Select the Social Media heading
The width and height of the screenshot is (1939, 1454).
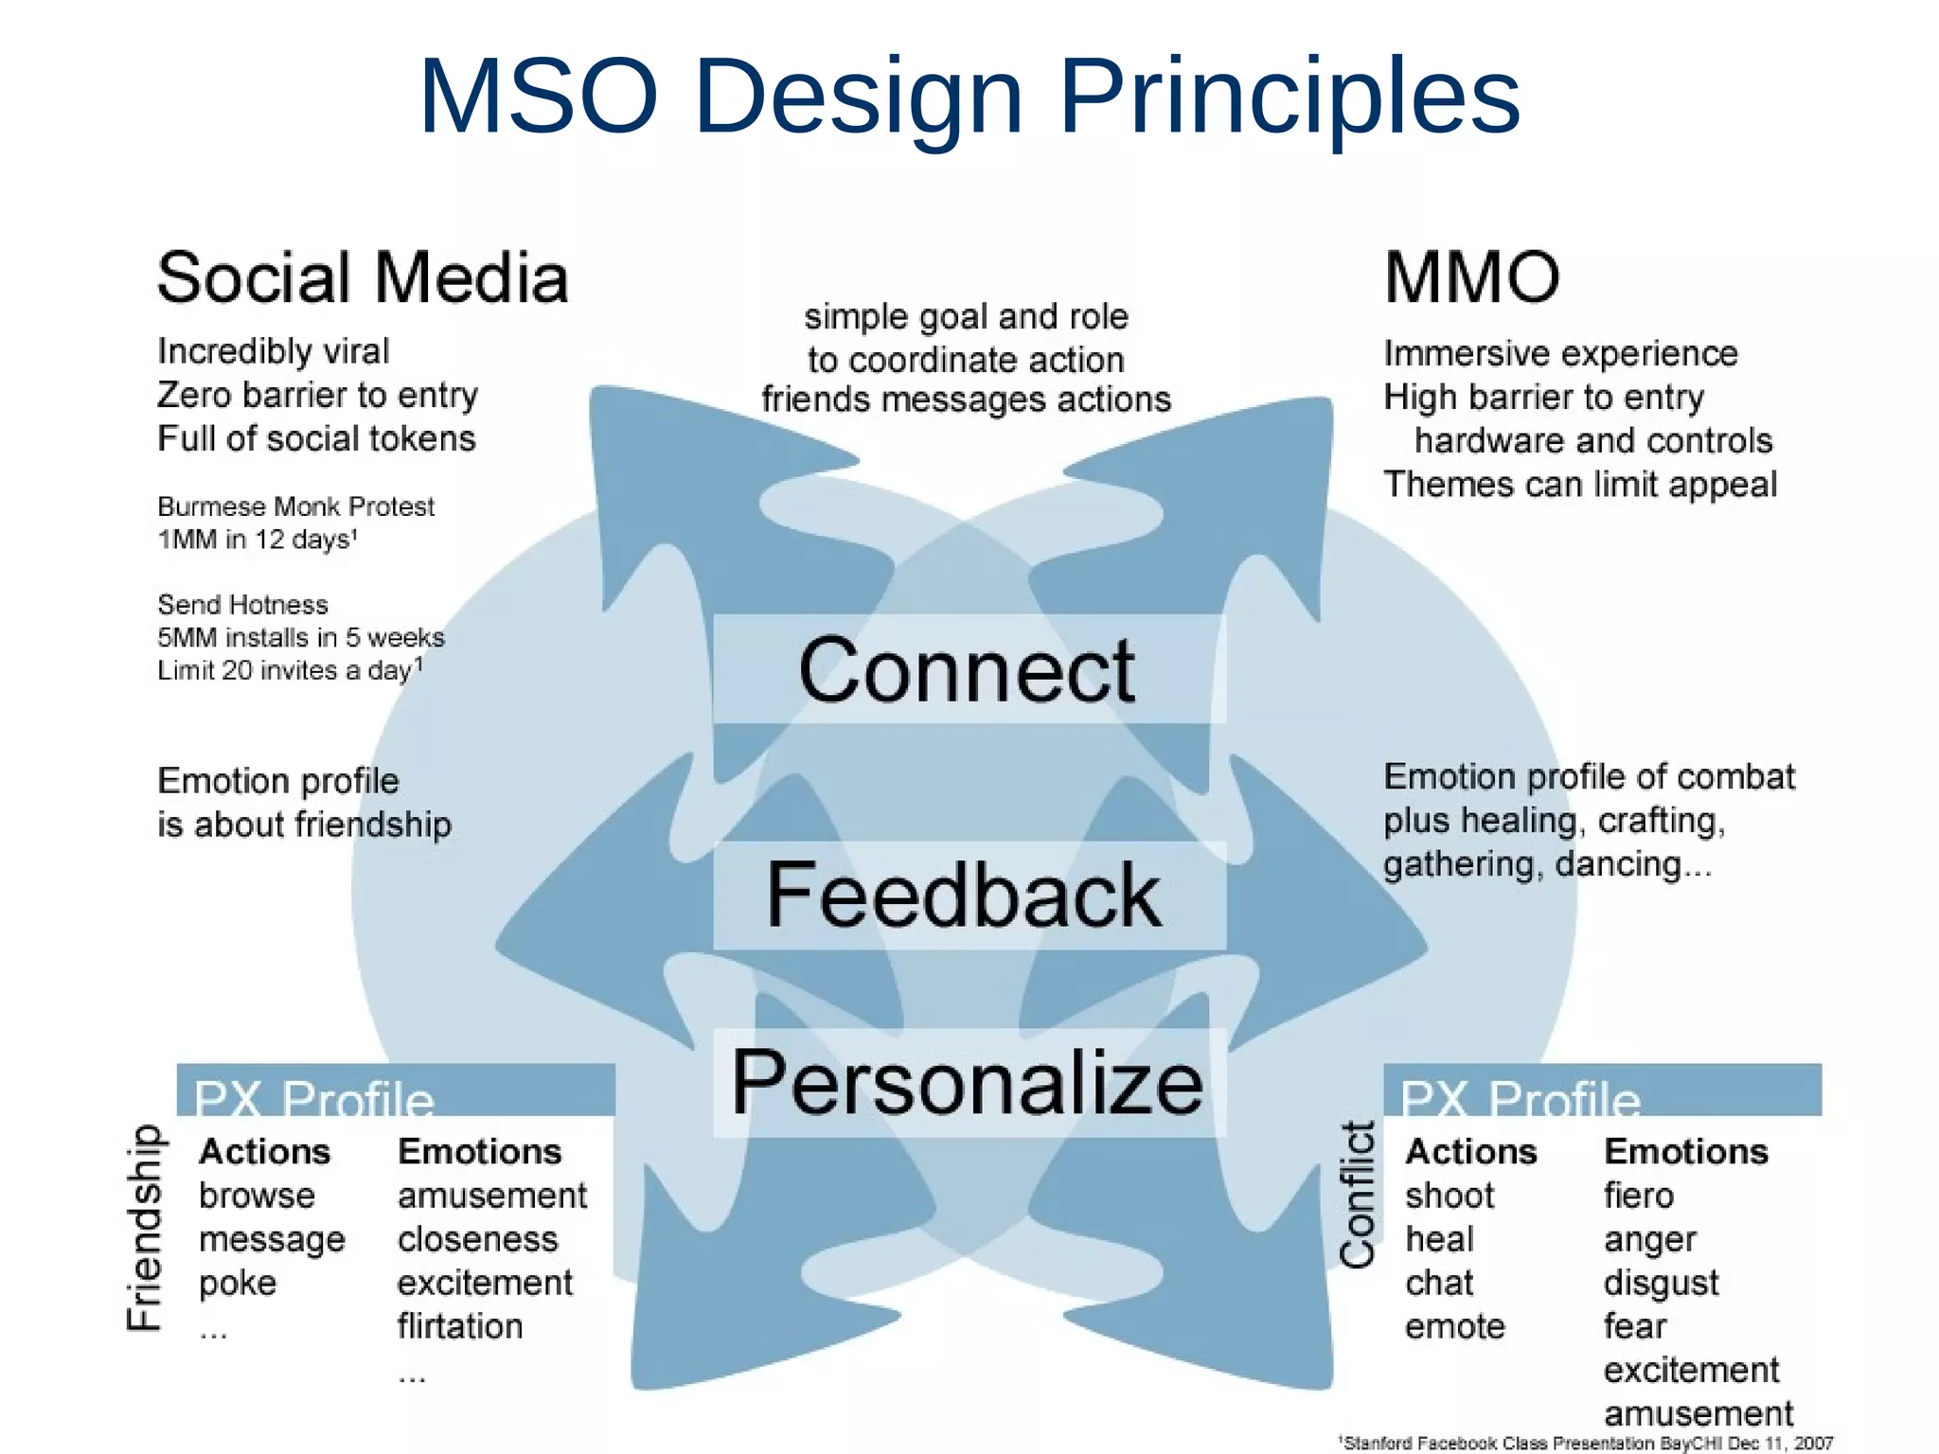(x=363, y=278)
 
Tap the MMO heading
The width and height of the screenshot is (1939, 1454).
(x=1471, y=278)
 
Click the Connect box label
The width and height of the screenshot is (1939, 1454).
(x=967, y=670)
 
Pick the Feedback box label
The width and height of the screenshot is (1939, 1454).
(x=964, y=895)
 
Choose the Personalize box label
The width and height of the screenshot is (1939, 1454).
(x=967, y=1083)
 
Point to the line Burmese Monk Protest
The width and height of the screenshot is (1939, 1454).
(x=295, y=506)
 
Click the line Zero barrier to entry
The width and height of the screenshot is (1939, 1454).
(x=317, y=395)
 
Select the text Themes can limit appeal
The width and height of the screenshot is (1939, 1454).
(x=1579, y=484)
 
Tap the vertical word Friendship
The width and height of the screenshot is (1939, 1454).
(x=145, y=1227)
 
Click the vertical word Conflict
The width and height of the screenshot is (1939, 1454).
(x=1358, y=1195)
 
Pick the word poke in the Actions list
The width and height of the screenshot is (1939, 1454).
(x=237, y=1283)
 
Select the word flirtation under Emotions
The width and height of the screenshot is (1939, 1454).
(x=459, y=1326)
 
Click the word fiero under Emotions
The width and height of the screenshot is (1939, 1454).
(x=1638, y=1196)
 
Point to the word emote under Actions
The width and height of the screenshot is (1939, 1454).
(x=1454, y=1326)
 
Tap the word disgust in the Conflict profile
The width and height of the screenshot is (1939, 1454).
(x=1661, y=1283)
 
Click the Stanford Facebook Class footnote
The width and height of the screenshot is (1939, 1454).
(x=1586, y=1443)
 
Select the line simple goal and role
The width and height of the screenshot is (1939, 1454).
(x=966, y=316)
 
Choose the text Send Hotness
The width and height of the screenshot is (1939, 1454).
(x=242, y=604)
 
